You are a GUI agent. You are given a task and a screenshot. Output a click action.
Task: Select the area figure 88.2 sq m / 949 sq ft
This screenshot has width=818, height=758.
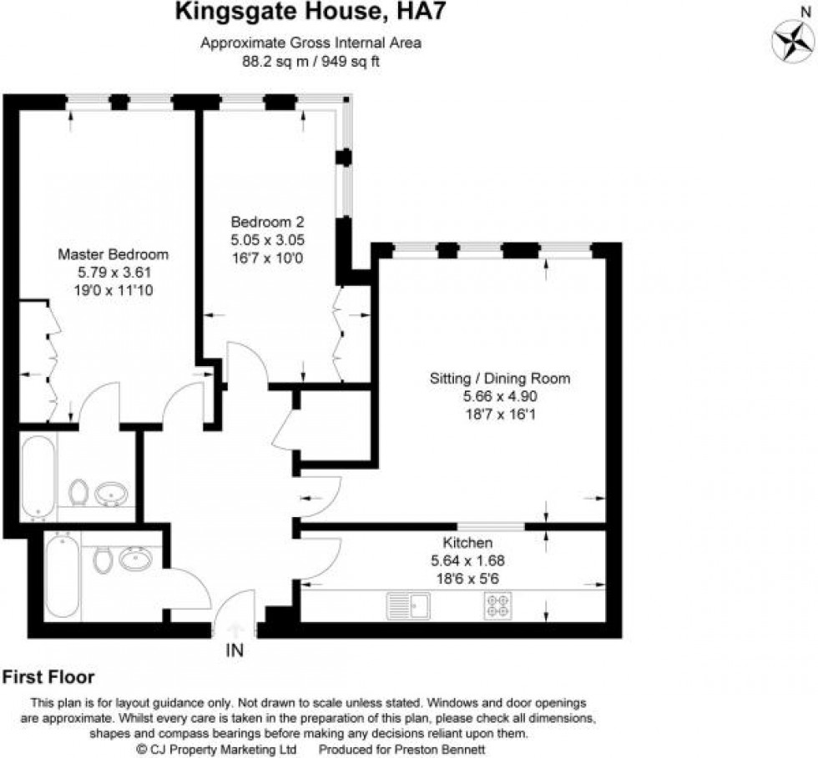(310, 62)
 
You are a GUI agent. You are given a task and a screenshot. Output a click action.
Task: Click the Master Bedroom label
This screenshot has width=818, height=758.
(114, 254)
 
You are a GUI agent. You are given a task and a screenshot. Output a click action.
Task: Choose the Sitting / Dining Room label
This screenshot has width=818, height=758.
(500, 378)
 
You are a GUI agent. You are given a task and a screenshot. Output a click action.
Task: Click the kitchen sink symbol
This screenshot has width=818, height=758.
(407, 605)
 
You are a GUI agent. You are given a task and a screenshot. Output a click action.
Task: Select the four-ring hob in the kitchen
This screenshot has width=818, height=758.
(498, 605)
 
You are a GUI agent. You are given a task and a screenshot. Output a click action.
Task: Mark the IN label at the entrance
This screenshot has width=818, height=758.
(235, 650)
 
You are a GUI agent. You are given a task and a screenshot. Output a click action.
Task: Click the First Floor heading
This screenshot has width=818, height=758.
(49, 677)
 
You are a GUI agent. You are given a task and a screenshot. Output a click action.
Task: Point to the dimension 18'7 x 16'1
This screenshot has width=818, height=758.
(500, 413)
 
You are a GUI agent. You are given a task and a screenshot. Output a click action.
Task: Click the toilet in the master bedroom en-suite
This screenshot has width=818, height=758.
(79, 492)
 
